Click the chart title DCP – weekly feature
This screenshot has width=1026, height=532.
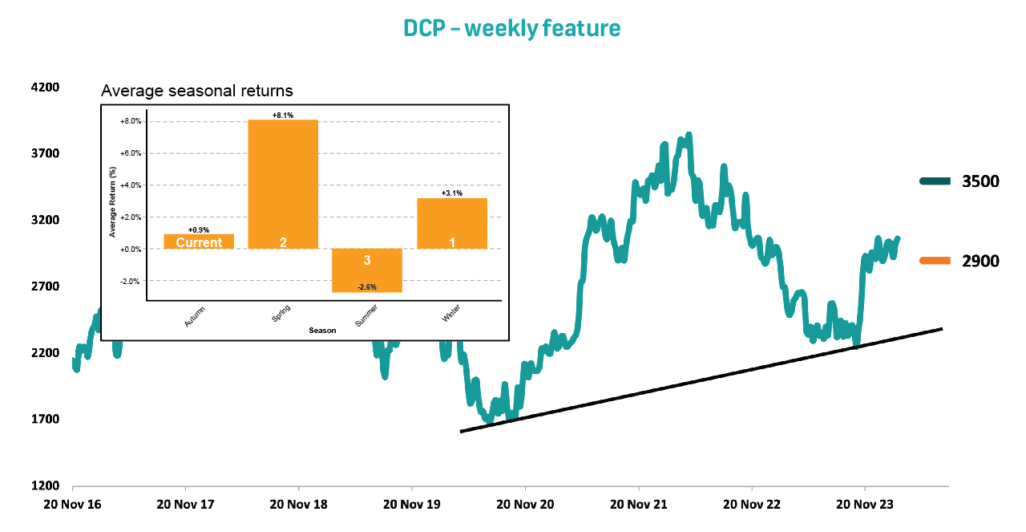click(512, 29)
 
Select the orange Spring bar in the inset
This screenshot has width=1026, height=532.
click(283, 184)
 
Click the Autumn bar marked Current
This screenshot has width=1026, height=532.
click(199, 242)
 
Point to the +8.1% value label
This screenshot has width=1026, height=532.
click(283, 116)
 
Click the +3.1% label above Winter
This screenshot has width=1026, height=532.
click(452, 193)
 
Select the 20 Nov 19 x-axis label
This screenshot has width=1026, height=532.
click(411, 504)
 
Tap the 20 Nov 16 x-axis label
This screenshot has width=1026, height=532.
click(72, 504)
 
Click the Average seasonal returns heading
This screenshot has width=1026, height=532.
click(197, 91)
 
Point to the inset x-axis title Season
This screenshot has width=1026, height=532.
click(323, 330)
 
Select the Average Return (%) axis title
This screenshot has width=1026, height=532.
click(113, 201)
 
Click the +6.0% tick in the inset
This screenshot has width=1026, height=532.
click(130, 153)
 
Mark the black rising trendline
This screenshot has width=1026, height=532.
click(701, 380)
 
